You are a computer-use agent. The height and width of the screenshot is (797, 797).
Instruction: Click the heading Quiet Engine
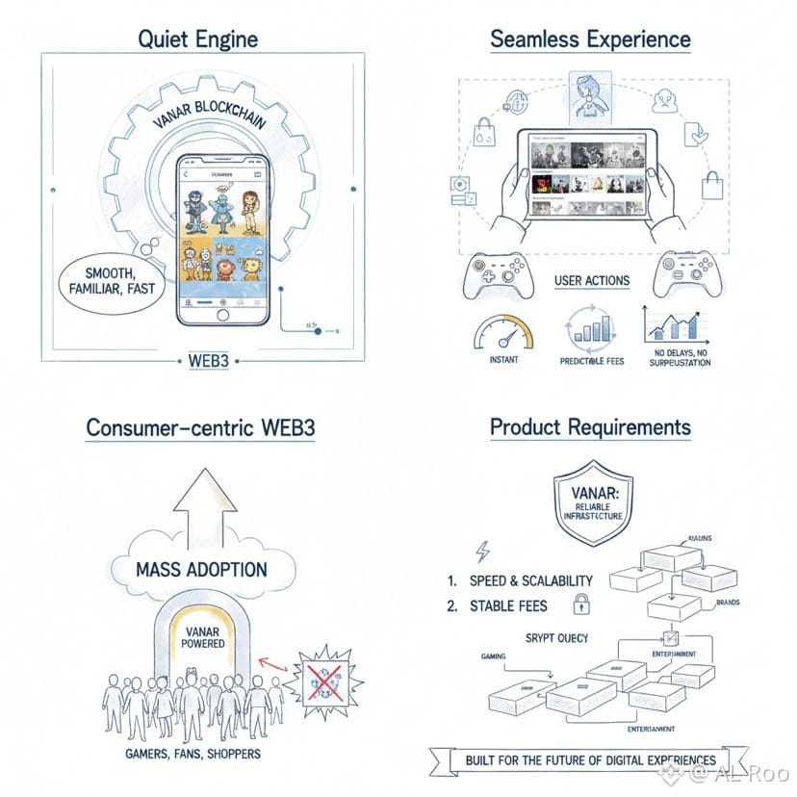click(x=197, y=39)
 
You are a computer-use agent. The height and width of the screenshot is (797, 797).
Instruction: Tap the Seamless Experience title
click(x=590, y=39)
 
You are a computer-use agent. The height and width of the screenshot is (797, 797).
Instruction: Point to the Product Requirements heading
click(x=590, y=426)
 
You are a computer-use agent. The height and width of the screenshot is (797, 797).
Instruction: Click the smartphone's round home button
click(x=223, y=315)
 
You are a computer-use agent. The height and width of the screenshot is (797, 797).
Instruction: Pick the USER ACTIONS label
click(x=592, y=281)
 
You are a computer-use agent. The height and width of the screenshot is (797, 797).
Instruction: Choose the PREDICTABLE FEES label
click(x=593, y=360)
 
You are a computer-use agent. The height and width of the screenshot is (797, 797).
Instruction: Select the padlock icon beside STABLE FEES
click(x=580, y=604)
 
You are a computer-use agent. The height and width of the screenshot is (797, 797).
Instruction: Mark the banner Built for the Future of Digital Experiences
click(x=590, y=759)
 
